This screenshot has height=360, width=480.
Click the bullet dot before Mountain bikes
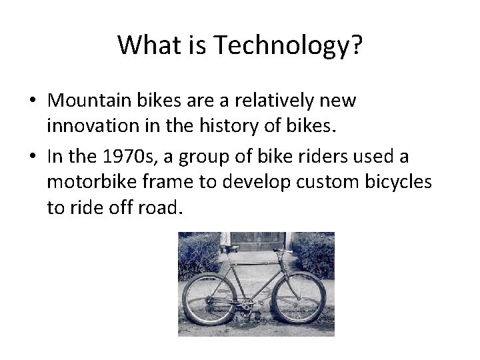(32, 102)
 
